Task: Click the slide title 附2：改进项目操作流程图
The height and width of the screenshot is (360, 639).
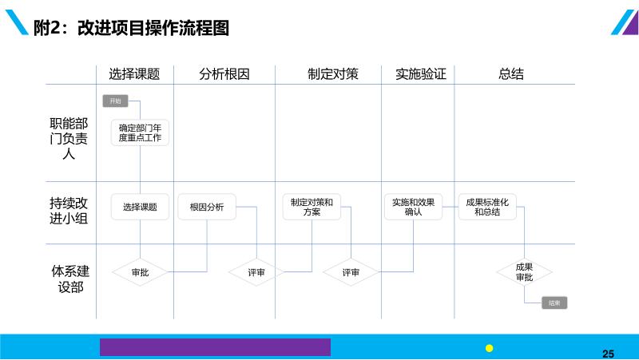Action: pyautogui.click(x=131, y=29)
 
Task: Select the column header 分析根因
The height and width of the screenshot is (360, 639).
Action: pyautogui.click(x=224, y=74)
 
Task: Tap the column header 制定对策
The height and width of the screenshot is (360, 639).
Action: pyautogui.click(x=333, y=74)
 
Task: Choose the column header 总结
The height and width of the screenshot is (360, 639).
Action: pyautogui.click(x=511, y=74)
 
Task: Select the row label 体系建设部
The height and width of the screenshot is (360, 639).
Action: pyautogui.click(x=69, y=279)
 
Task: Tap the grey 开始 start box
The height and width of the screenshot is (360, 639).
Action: pyautogui.click(x=115, y=101)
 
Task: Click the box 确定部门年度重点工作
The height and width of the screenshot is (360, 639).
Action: pyautogui.click(x=140, y=133)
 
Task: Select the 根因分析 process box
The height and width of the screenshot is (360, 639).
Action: pyautogui.click(x=207, y=208)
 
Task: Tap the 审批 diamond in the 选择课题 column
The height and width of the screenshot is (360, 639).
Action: pyautogui.click(x=140, y=272)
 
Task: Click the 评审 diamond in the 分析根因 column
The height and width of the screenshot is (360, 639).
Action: pyautogui.click(x=256, y=272)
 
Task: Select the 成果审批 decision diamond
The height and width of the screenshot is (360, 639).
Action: pyautogui.click(x=524, y=272)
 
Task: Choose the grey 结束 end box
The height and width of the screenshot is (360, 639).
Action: pyautogui.click(x=554, y=303)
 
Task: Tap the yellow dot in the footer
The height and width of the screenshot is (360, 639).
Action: pyautogui.click(x=490, y=348)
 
